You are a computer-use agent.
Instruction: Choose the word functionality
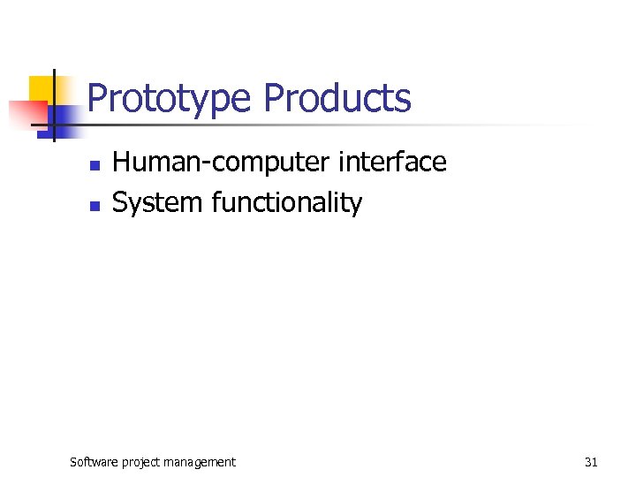[x=287, y=203]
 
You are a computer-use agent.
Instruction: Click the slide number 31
[x=591, y=461]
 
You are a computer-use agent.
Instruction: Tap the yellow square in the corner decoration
[x=41, y=88]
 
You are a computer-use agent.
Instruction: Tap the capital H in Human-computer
[x=121, y=163]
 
